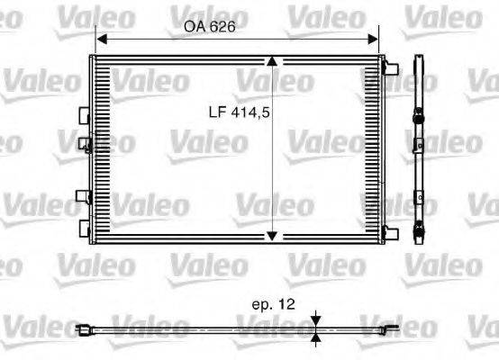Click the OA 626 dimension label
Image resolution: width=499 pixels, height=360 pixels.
[x=209, y=27]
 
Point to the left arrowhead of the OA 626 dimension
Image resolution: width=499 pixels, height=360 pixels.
[x=102, y=39]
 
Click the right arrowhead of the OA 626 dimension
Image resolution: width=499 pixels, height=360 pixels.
[x=374, y=39]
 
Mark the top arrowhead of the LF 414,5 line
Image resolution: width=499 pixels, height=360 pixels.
[x=273, y=62]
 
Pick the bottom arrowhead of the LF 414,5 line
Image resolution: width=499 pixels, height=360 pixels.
[x=273, y=236]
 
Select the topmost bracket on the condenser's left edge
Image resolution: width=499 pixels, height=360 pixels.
[x=85, y=115]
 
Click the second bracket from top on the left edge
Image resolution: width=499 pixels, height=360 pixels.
[x=85, y=141]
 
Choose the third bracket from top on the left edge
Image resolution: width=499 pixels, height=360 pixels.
[x=85, y=196]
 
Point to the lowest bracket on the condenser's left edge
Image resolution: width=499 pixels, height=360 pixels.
[x=85, y=225]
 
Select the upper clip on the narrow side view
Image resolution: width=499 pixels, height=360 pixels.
[x=419, y=118]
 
